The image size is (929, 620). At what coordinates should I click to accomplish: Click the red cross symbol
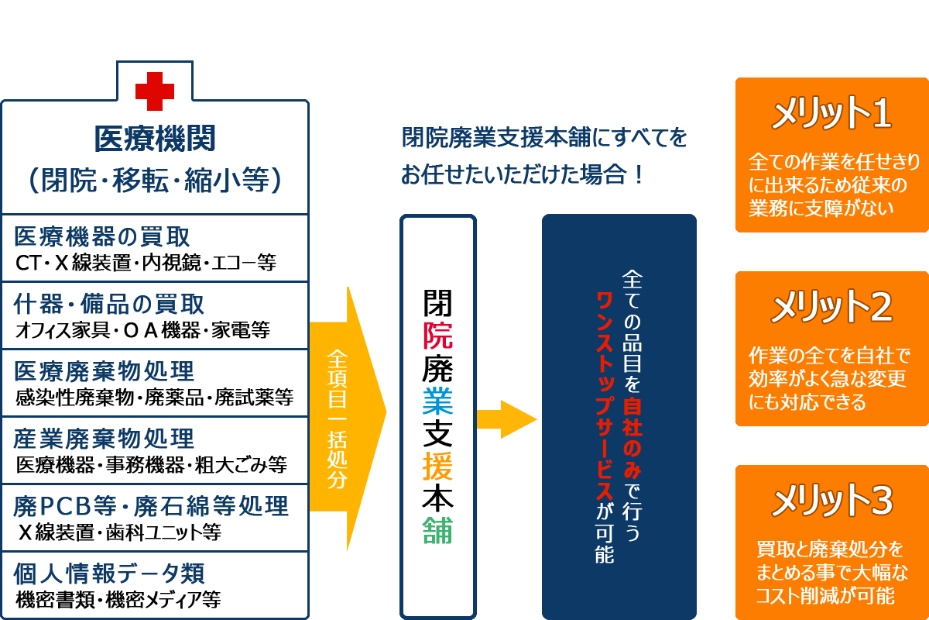pyautogui.click(x=155, y=91)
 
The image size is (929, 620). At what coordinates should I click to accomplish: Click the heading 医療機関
pyautogui.click(x=155, y=139)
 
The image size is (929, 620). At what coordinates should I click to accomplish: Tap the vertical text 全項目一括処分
pyautogui.click(x=338, y=418)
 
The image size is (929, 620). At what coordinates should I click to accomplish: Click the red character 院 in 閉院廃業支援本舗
pyautogui.click(x=438, y=335)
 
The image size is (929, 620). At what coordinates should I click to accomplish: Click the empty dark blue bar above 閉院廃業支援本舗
pyautogui.click(x=543, y=156)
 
